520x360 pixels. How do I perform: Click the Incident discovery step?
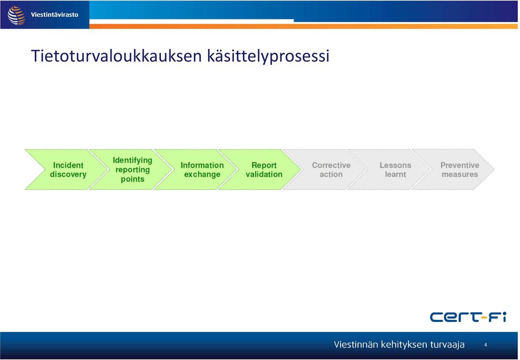[x=68, y=170]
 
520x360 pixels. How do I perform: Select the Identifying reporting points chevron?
[x=132, y=170]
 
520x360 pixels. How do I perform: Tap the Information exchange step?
[x=202, y=170]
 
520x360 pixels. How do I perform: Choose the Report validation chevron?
[x=264, y=170]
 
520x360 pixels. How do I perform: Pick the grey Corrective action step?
[x=331, y=170]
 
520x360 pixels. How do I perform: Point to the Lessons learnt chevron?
[x=395, y=170]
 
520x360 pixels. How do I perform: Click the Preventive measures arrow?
[x=460, y=170]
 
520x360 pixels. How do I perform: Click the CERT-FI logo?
[x=468, y=317]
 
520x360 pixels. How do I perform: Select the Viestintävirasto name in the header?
[x=54, y=15]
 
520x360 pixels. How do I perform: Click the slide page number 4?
[x=485, y=345]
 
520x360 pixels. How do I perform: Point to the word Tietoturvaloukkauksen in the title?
[x=116, y=55]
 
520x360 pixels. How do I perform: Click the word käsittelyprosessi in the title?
[x=268, y=56]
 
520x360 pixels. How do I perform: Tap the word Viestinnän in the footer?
[x=356, y=344]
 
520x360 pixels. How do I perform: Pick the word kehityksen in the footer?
[x=404, y=345]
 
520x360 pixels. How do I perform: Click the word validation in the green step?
[x=264, y=174]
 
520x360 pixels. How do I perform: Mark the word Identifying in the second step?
[x=132, y=160]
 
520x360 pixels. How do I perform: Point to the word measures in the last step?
[x=460, y=174]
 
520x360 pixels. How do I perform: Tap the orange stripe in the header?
[x=303, y=26]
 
